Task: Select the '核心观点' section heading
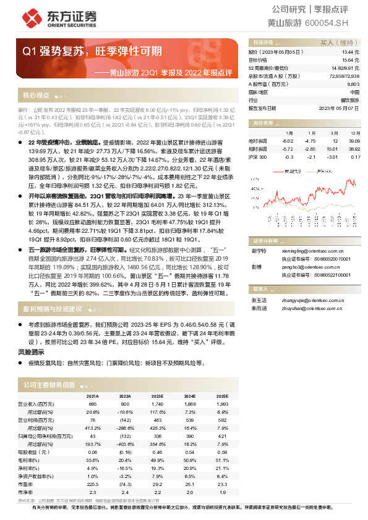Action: [x=36, y=96]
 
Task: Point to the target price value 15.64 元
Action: [x=349, y=60]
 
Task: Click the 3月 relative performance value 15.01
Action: [x=333, y=149]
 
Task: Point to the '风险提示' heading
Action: [x=30, y=352]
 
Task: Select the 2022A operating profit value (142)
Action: [x=124, y=420]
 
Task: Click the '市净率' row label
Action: [x=27, y=474]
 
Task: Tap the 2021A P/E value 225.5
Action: [x=93, y=468]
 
